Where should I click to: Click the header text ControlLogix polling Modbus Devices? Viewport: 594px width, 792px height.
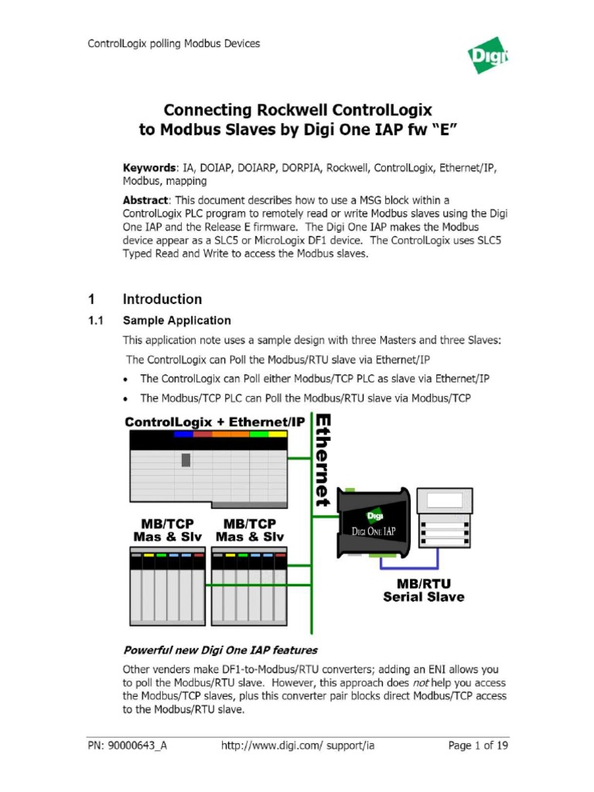point(173,43)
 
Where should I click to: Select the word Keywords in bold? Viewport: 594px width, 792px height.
point(149,167)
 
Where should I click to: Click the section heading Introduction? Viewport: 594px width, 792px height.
point(162,299)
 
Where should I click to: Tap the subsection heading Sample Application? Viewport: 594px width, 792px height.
point(176,320)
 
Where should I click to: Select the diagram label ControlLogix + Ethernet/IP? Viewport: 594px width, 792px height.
point(215,422)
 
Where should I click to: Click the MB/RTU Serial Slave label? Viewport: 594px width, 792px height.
point(424,589)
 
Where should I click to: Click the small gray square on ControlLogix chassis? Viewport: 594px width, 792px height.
point(186,460)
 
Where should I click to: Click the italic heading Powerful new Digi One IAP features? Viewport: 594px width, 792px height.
point(220,650)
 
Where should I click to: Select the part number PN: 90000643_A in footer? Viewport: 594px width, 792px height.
point(127,746)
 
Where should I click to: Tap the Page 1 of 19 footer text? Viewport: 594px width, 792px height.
point(478,746)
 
